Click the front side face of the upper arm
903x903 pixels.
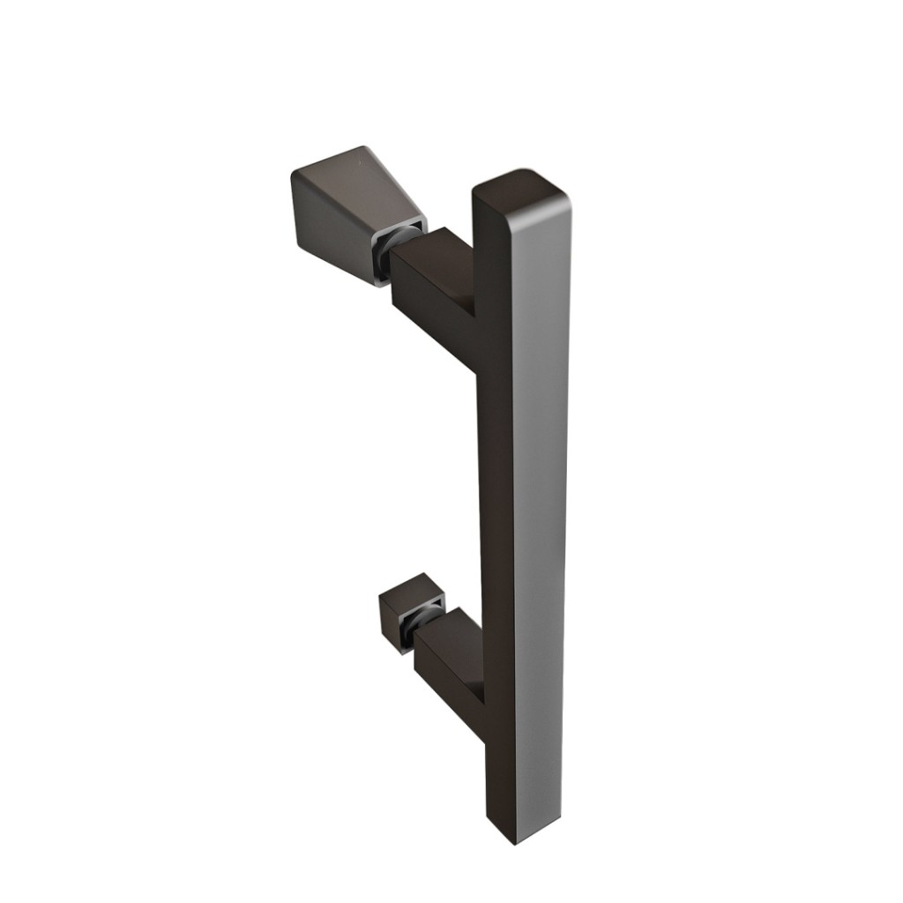[x=423, y=304]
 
